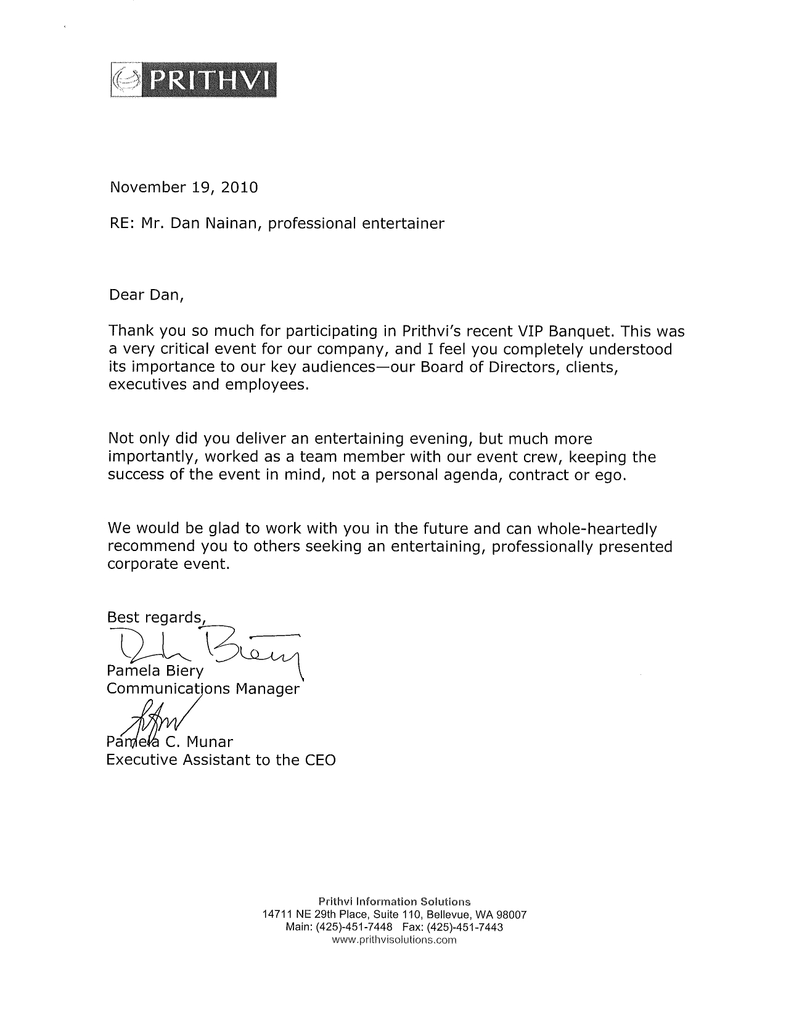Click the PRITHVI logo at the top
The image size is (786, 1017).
(192, 78)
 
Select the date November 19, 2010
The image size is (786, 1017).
(183, 187)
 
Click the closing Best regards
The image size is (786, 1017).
(155, 618)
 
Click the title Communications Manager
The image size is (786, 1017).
(203, 688)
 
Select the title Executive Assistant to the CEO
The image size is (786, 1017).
(221, 759)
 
